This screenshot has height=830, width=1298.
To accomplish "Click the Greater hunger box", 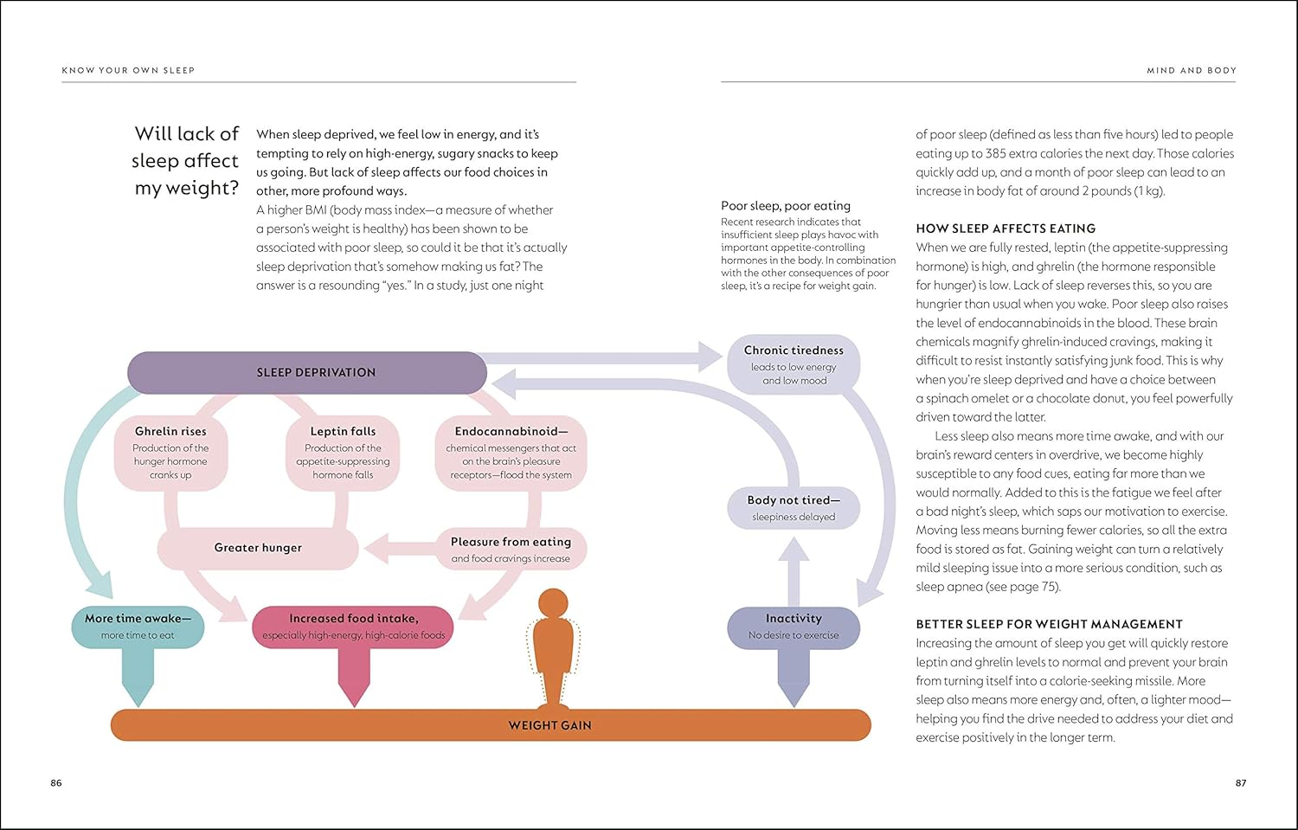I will tap(258, 548).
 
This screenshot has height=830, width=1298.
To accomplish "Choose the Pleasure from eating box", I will tap(511, 550).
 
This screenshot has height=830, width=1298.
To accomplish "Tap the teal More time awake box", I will tap(138, 627).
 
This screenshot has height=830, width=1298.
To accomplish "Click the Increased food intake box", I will tap(353, 627).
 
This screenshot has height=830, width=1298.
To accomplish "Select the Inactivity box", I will tap(794, 627).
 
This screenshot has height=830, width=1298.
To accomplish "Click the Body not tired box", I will tap(794, 508).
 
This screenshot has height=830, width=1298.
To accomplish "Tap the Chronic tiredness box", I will tap(794, 364).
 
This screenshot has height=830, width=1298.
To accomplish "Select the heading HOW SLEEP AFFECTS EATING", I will tap(1006, 228).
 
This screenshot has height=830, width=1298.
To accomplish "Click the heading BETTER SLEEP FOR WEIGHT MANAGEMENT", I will tap(1049, 624).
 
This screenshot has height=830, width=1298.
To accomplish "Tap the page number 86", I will tap(56, 783).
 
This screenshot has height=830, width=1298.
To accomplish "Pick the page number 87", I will tap(1241, 783).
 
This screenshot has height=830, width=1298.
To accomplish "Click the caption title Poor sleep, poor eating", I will tap(786, 206).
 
